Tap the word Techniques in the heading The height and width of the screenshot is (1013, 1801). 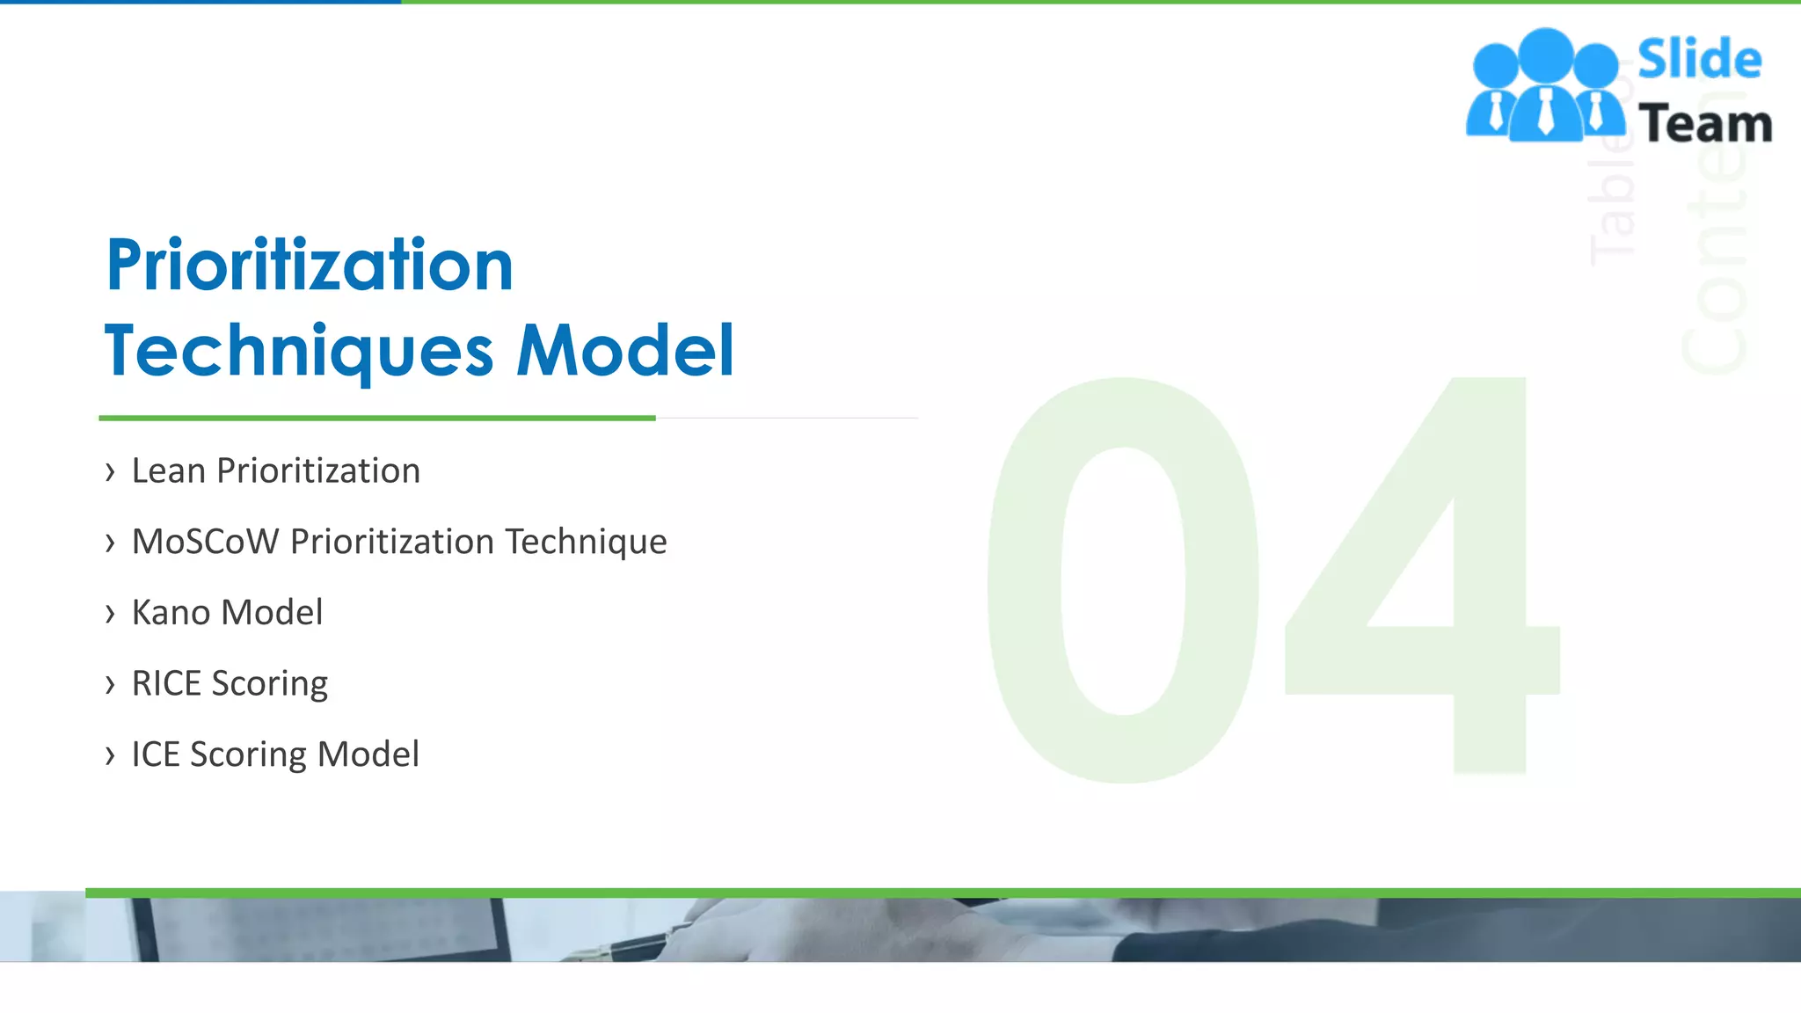[x=299, y=352]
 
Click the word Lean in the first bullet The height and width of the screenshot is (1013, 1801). [x=168, y=471]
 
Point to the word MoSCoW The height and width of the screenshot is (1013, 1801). [x=205, y=542]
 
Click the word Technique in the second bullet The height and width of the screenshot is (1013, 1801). [x=586, y=543]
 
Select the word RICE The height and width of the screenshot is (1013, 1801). [x=166, y=683]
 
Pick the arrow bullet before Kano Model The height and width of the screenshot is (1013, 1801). [x=110, y=614]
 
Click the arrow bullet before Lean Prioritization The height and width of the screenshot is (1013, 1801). [x=110, y=472]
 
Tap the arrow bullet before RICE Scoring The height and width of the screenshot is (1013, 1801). [x=110, y=684]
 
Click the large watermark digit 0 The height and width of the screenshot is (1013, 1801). [x=1123, y=580]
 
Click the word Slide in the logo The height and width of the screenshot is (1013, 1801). [x=1699, y=60]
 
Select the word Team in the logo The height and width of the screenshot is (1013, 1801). [x=1704, y=124]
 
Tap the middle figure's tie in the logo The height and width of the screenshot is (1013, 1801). [x=1545, y=112]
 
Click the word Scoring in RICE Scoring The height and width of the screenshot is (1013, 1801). [x=270, y=684]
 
